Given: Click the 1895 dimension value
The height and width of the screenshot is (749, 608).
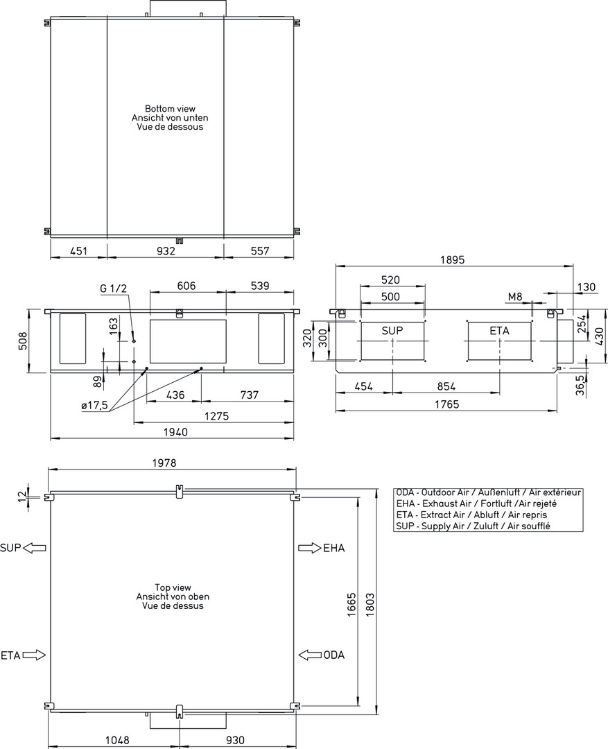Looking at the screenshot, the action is [452, 260].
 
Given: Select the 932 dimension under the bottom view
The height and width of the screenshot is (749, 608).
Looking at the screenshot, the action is [166, 251].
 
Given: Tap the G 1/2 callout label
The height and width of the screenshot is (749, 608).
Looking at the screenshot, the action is [113, 289].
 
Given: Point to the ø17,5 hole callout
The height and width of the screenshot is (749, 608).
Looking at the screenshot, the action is [95, 406].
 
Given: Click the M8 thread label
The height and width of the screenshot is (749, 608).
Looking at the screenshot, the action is [515, 297].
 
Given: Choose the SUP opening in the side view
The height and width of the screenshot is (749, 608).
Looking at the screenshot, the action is [392, 341].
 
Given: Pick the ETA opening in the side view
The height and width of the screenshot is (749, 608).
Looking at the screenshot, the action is [500, 341].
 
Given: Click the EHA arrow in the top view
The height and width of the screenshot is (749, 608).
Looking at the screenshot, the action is [310, 548].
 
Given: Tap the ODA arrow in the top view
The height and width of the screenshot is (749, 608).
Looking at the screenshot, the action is [310, 655].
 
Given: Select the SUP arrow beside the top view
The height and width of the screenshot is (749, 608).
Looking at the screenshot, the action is [35, 548].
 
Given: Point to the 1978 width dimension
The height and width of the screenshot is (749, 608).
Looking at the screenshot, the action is [164, 463].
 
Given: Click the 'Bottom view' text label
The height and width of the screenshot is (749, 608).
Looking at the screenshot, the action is [170, 109].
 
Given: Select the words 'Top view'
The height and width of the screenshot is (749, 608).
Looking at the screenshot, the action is [173, 587].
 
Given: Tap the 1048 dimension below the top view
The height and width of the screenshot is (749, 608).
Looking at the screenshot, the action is [117, 740].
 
